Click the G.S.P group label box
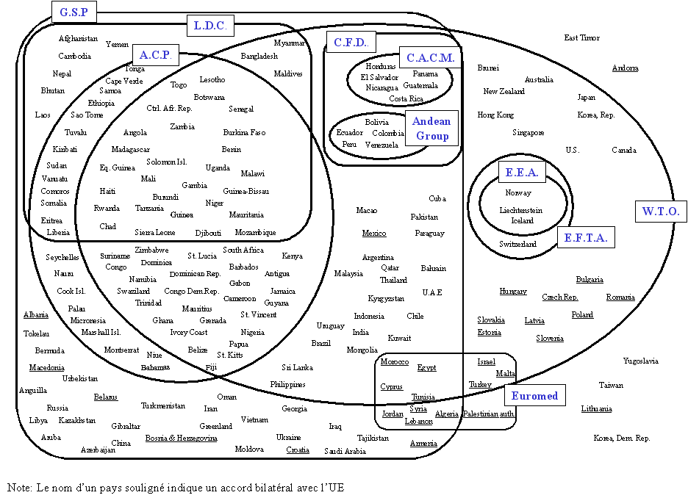click(74, 12)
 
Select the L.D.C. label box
click(209, 26)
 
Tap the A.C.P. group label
click(155, 54)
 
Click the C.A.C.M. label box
click(431, 57)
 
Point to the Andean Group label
click(432, 129)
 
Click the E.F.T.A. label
click(586, 237)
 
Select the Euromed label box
click(534, 396)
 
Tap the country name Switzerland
click(517, 244)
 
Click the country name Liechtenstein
click(523, 209)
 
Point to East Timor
click(581, 37)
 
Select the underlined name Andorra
click(626, 68)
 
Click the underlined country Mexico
click(373, 234)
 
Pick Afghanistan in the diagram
click(78, 38)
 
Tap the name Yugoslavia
click(640, 361)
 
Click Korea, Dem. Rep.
click(622, 438)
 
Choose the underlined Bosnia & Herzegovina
click(181, 438)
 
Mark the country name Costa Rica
click(406, 98)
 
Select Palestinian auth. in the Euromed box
click(489, 414)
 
